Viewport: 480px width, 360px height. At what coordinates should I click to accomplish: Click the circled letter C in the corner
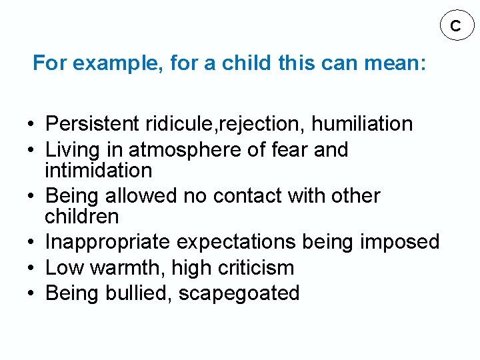[455, 26]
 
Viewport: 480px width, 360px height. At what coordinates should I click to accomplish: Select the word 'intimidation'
[98, 170]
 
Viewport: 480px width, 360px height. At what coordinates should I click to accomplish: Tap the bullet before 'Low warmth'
[31, 269]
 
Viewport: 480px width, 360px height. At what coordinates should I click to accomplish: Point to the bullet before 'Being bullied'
[31, 294]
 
